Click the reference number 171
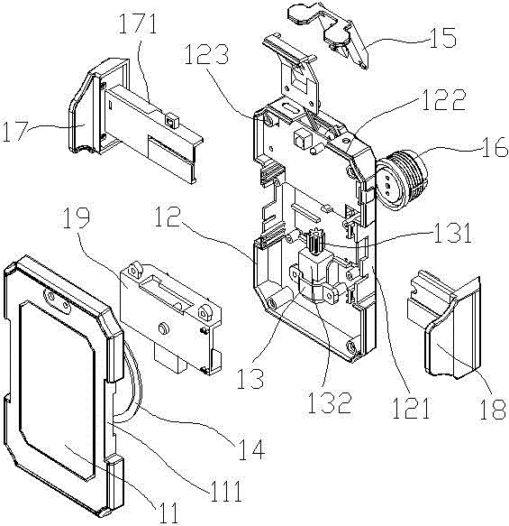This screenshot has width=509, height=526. [x=138, y=23]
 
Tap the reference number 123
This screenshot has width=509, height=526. [x=206, y=54]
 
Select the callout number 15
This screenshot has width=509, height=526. [x=442, y=37]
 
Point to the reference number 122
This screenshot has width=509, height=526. [x=444, y=99]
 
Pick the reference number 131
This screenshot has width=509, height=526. [x=452, y=233]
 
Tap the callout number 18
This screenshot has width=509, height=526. [x=492, y=409]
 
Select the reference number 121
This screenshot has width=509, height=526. [x=411, y=408]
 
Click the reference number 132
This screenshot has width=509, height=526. [x=330, y=402]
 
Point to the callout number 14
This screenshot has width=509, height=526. [x=252, y=448]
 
